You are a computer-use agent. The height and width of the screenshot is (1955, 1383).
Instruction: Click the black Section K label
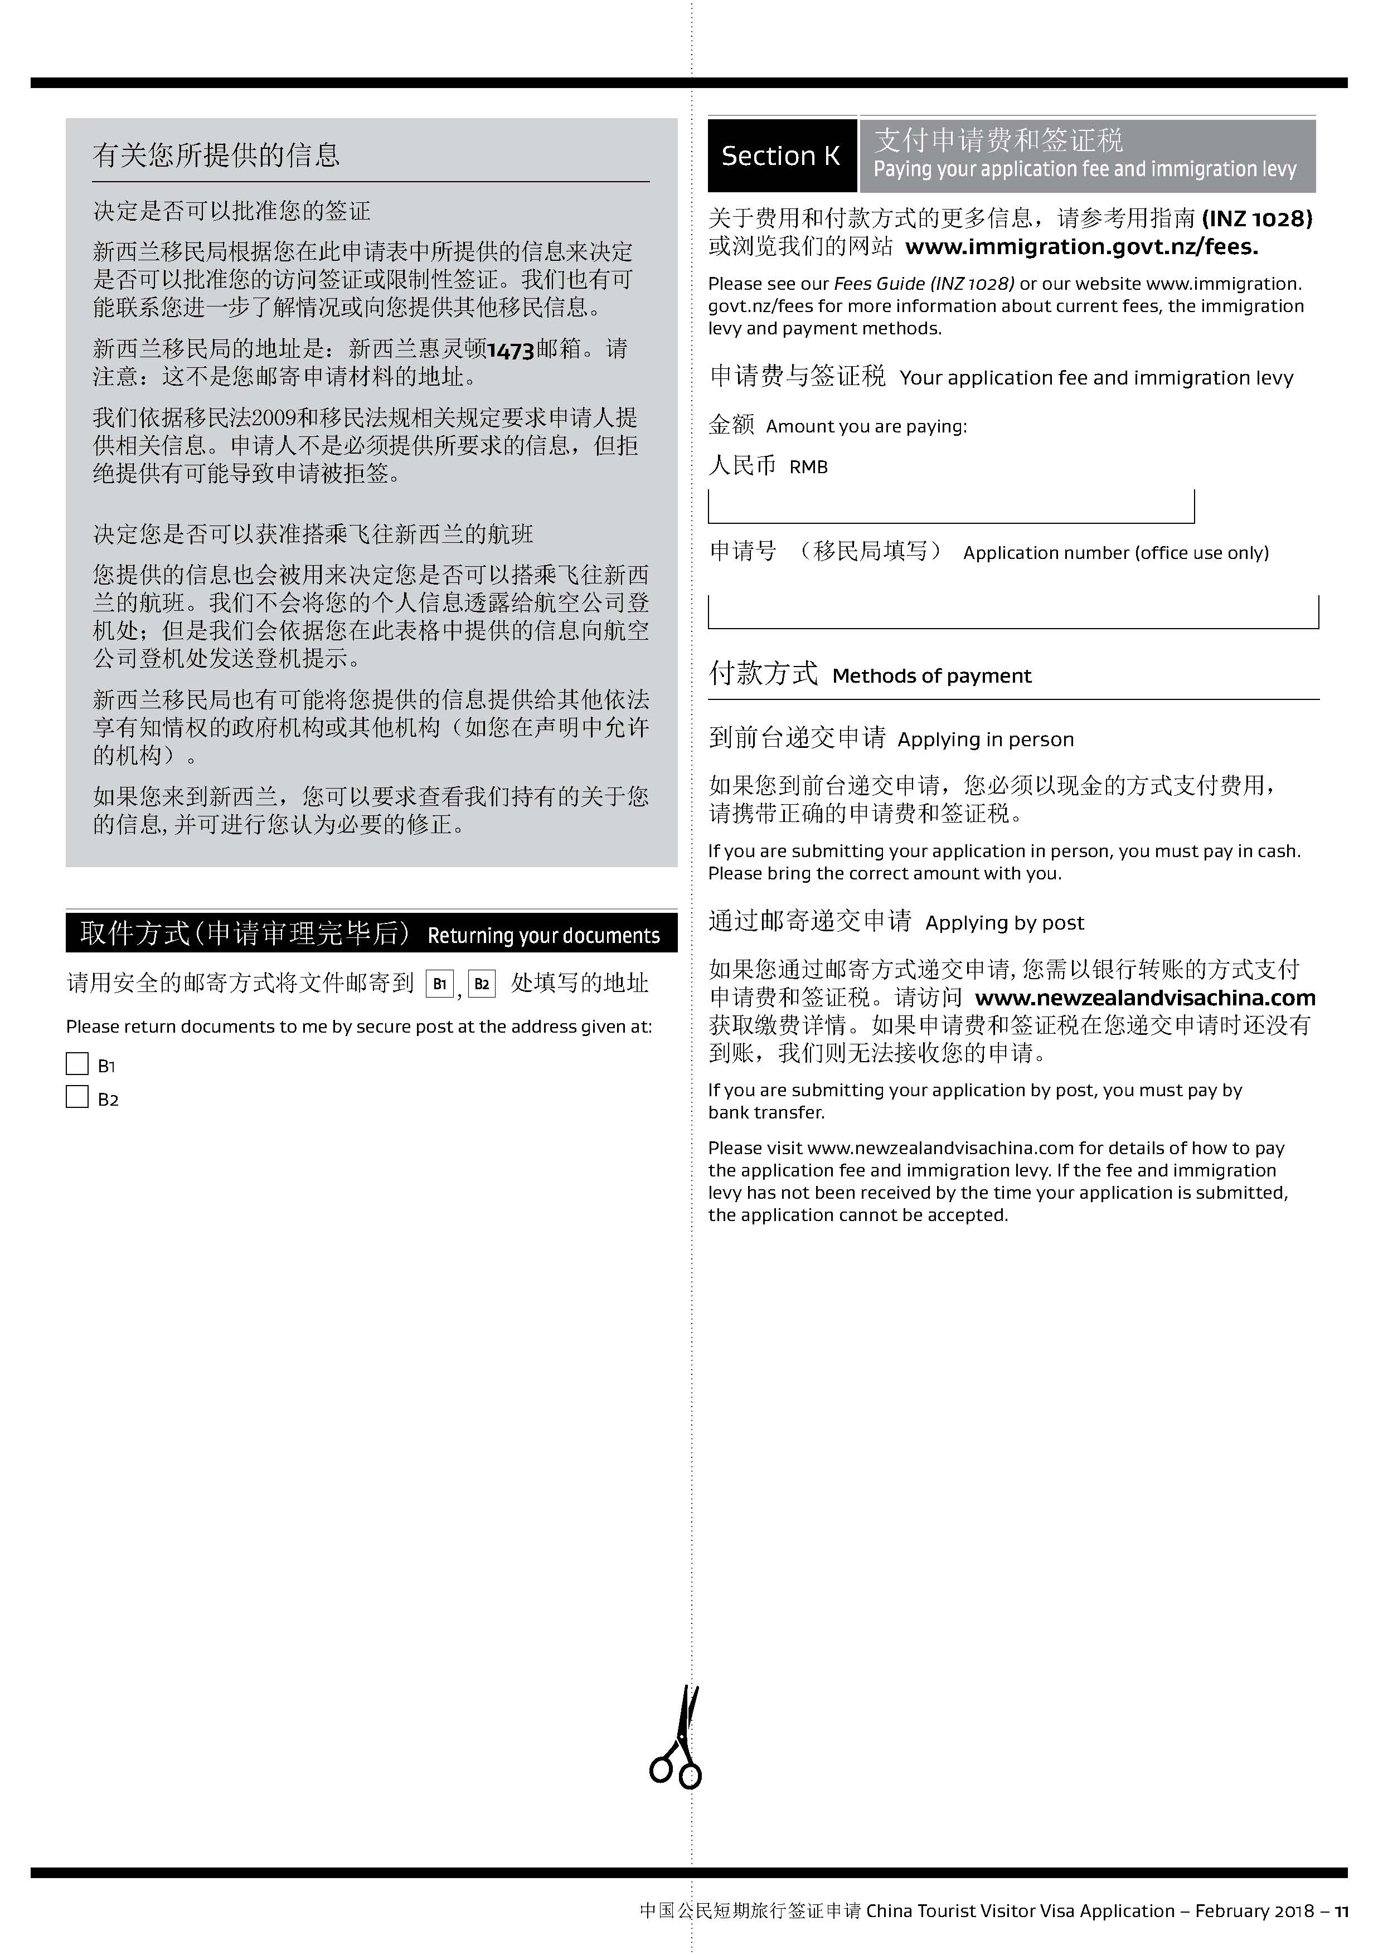coord(781,155)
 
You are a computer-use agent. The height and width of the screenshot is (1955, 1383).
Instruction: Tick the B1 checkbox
coord(77,1063)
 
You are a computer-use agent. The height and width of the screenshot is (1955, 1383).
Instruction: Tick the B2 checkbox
coord(77,1097)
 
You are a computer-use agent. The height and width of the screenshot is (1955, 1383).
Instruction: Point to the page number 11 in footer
coord(1341,1911)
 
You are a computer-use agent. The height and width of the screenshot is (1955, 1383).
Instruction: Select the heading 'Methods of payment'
coord(931,676)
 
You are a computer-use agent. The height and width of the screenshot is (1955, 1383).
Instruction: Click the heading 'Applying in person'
coord(986,739)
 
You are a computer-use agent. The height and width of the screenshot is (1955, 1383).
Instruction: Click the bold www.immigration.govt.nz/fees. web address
coord(1081,247)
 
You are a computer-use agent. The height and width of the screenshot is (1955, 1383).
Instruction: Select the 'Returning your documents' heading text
coord(544,936)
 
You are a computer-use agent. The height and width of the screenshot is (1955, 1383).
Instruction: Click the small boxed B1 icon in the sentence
coord(439,984)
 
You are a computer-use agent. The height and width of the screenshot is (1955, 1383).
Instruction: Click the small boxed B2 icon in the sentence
coord(481,984)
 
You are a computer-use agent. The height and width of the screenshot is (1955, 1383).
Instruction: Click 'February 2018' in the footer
coord(1254,1911)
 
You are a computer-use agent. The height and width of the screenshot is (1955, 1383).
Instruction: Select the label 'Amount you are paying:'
coord(866,426)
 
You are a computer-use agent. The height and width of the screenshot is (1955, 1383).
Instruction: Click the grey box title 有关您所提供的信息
coord(216,155)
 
